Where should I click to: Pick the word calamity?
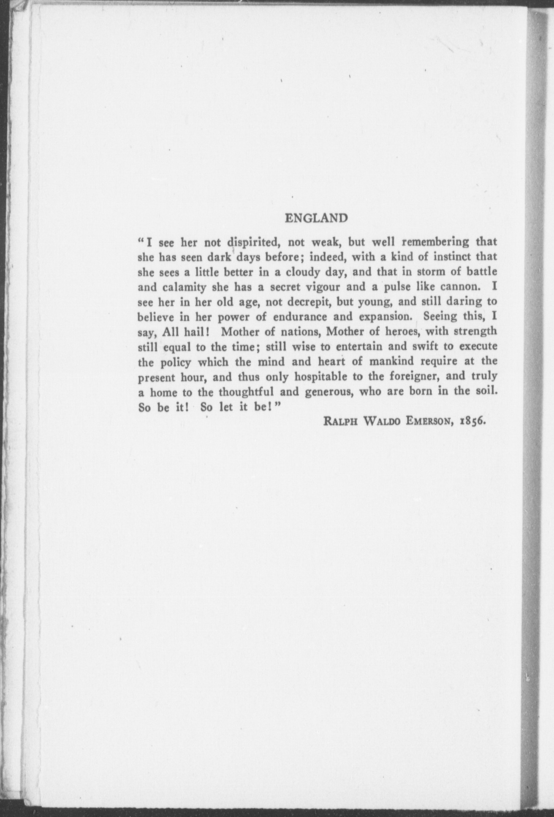tap(177, 287)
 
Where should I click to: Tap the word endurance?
tap(303, 317)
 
